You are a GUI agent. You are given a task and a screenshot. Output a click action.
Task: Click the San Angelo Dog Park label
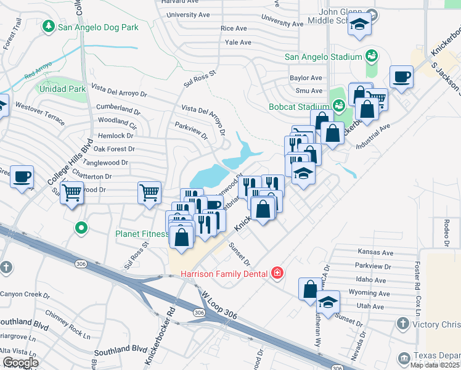point(97,27)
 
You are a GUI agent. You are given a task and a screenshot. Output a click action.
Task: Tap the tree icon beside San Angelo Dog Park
point(48,27)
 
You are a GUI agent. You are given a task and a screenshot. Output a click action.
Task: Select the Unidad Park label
point(60,89)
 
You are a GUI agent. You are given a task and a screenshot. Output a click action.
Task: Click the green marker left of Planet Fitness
point(81,229)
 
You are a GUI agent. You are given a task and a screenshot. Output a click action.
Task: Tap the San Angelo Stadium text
point(322,57)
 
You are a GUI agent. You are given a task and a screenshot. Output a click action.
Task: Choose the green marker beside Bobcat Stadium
point(338,107)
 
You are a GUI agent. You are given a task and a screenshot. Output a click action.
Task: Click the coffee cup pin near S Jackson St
point(402,78)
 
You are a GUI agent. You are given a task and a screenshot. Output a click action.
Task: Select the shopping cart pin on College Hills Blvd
point(73,192)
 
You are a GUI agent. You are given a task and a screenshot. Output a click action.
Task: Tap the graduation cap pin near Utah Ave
point(328,303)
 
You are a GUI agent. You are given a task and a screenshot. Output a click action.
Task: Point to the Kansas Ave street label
point(375,253)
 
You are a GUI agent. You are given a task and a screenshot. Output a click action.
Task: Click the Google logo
point(21,363)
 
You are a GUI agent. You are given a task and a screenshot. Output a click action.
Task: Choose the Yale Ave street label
point(238,43)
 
